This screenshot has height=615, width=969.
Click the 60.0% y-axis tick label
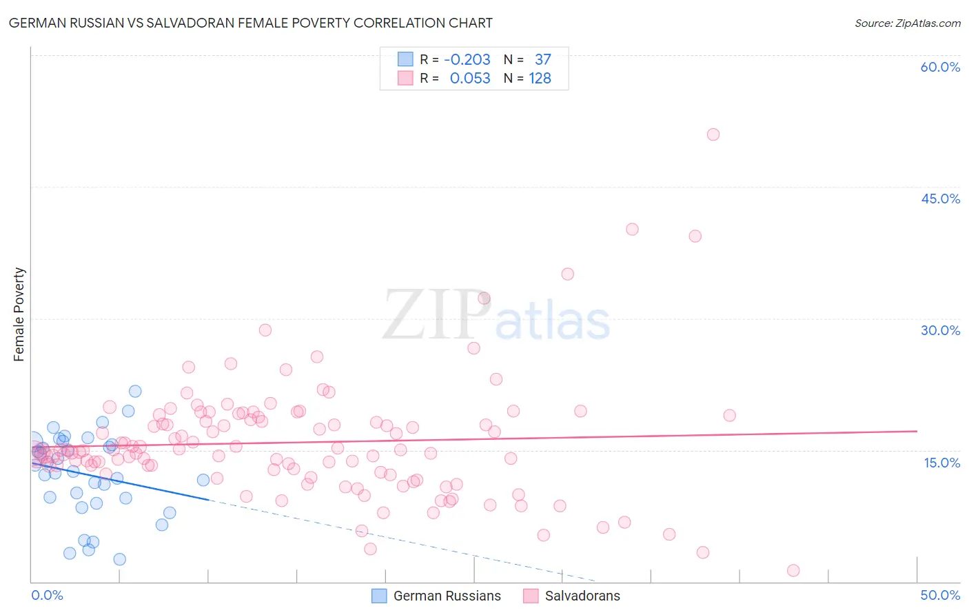(940, 67)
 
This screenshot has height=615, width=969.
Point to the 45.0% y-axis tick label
(940, 199)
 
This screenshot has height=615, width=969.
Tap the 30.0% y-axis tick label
(940, 330)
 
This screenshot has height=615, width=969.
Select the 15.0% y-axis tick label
(941, 463)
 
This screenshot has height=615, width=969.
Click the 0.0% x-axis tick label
(47, 595)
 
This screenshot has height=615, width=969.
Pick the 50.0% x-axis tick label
(940, 595)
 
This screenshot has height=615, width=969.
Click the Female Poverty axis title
(19, 314)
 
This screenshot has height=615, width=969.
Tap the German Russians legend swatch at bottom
(379, 596)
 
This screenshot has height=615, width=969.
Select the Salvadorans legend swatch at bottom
(531, 596)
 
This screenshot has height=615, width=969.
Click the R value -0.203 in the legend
(467, 60)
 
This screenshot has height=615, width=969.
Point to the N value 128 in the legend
(540, 79)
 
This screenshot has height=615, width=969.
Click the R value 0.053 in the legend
(470, 79)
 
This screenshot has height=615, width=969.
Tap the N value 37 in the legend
(542, 60)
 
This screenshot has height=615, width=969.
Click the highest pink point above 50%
(713, 134)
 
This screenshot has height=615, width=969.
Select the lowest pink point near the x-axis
(793, 570)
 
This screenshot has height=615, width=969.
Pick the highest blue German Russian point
(135, 391)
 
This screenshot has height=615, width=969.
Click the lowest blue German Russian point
(119, 559)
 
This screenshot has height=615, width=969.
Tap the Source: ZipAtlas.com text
(907, 23)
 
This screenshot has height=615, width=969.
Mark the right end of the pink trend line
(917, 431)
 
